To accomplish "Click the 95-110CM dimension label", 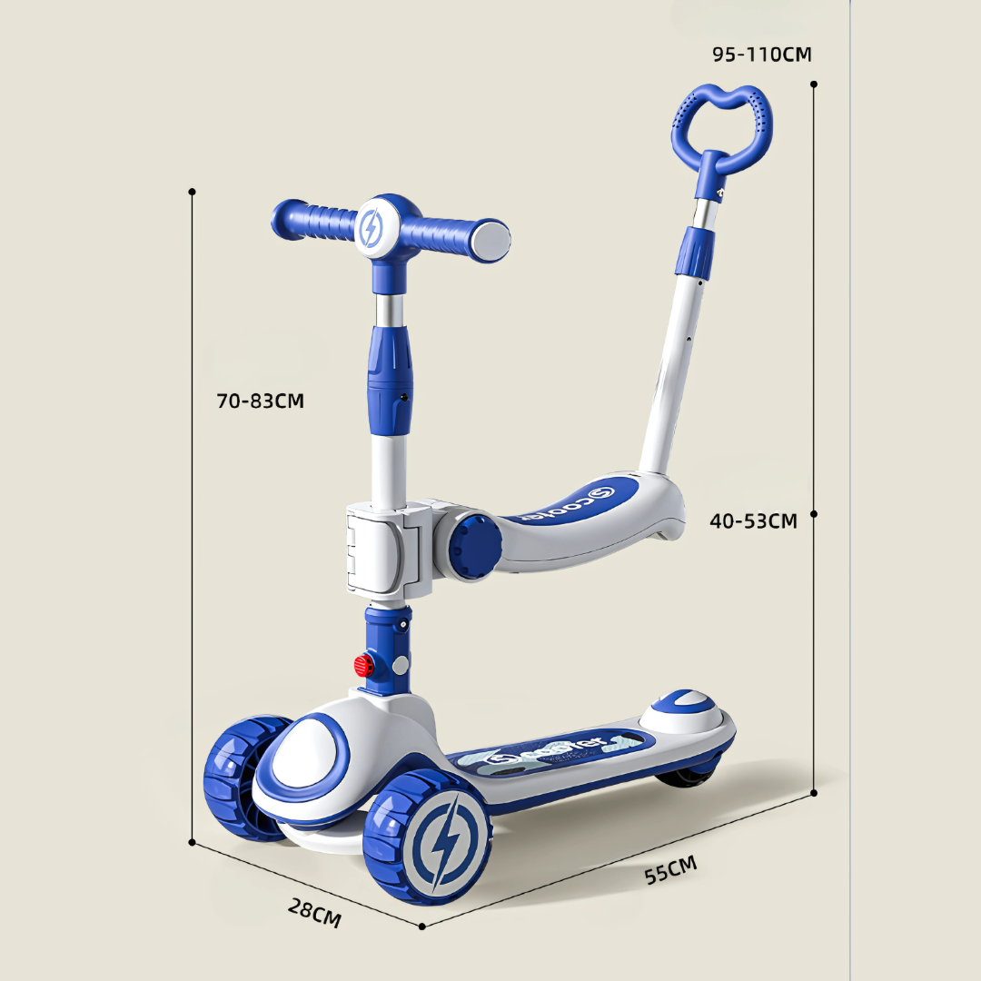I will pos(761,54).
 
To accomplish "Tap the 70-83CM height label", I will pos(260,401).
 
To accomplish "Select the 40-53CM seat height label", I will pos(753,520).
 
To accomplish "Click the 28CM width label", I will pos(314,912).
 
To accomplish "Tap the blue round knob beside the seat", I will pos(474,542).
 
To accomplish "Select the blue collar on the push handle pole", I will pos(695,251).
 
